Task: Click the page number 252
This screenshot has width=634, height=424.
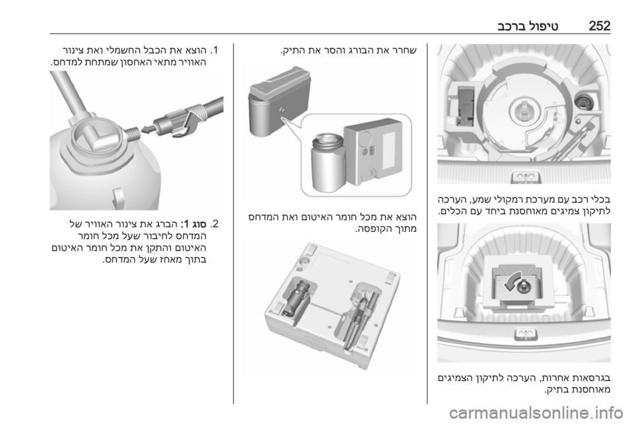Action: tap(599, 26)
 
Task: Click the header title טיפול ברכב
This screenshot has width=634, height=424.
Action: tap(528, 26)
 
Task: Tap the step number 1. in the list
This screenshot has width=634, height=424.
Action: tap(214, 51)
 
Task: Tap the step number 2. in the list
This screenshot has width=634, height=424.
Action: tap(214, 224)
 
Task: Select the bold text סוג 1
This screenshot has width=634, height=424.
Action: tap(194, 224)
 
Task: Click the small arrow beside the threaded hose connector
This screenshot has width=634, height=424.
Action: tap(147, 129)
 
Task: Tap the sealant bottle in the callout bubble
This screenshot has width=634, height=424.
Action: tap(327, 162)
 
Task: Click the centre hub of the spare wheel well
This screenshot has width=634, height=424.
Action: tap(523, 111)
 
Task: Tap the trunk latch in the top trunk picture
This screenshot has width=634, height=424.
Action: tap(524, 176)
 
